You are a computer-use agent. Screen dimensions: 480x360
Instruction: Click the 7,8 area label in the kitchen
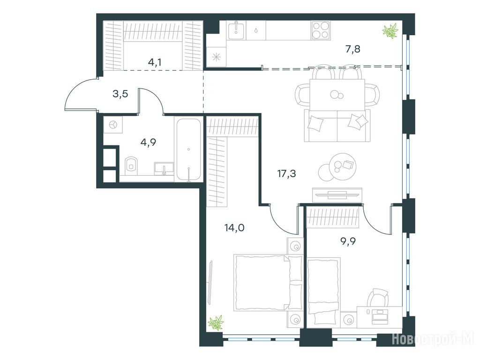click(353, 49)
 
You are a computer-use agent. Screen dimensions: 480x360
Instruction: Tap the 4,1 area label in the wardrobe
click(155, 62)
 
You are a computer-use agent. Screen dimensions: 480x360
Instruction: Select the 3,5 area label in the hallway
click(120, 94)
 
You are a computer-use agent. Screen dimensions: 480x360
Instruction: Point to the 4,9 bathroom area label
click(148, 142)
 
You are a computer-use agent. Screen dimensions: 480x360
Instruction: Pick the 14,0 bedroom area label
click(234, 228)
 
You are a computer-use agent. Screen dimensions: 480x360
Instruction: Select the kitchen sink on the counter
click(237, 30)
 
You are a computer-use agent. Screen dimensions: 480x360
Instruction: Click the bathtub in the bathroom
click(189, 150)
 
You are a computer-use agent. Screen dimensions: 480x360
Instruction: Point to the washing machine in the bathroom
click(113, 125)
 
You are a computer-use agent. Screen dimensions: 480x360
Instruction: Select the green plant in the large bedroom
click(216, 322)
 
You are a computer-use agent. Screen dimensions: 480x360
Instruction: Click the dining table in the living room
click(337, 95)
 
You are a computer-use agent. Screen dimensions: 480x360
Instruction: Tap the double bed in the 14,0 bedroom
click(268, 282)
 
